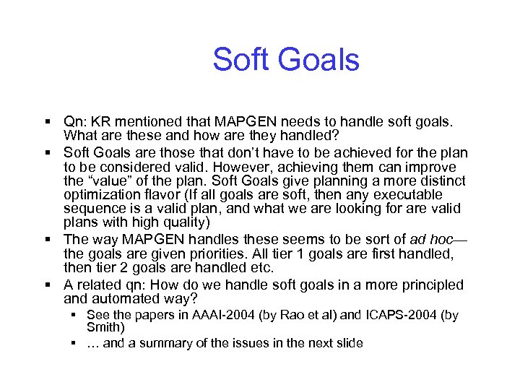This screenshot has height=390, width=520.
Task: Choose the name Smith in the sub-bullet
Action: point(104,327)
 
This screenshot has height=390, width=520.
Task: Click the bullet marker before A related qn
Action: point(46,285)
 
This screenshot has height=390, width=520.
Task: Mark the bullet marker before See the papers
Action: point(75,315)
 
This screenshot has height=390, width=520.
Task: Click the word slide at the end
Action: point(347,343)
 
